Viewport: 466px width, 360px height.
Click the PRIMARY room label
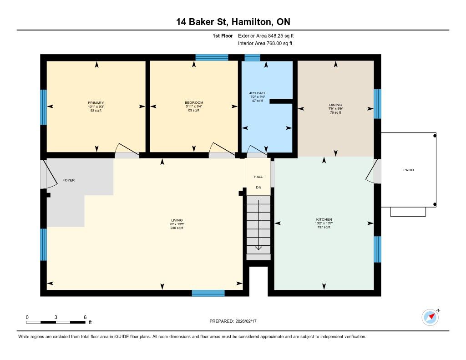pyautogui.click(x=96, y=103)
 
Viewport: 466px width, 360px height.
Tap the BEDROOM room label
pyautogui.click(x=194, y=103)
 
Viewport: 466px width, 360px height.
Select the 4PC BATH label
pyautogui.click(x=258, y=93)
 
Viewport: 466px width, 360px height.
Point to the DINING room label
pyautogui.click(x=335, y=105)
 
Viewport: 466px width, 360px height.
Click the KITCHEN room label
pyautogui.click(x=324, y=219)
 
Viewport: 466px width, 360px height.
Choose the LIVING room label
pyautogui.click(x=177, y=220)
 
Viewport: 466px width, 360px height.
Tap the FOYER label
pyautogui.click(x=68, y=180)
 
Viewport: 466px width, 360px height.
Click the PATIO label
pyautogui.click(x=408, y=170)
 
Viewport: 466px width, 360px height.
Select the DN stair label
pyautogui.click(x=258, y=188)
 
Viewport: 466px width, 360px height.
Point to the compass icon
pyautogui.click(x=431, y=318)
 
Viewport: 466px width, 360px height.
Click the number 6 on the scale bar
pyautogui.click(x=85, y=317)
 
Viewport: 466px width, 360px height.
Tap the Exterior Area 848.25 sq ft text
pyautogui.click(x=266, y=36)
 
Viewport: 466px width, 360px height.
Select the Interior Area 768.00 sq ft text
pyautogui.click(x=265, y=43)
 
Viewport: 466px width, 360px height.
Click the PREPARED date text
pyautogui.click(x=233, y=321)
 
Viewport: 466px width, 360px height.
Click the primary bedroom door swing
pyautogui.click(x=127, y=149)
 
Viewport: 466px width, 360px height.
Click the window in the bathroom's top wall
pyautogui.click(x=252, y=58)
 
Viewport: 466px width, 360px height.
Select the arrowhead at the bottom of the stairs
pyautogui.click(x=258, y=248)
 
